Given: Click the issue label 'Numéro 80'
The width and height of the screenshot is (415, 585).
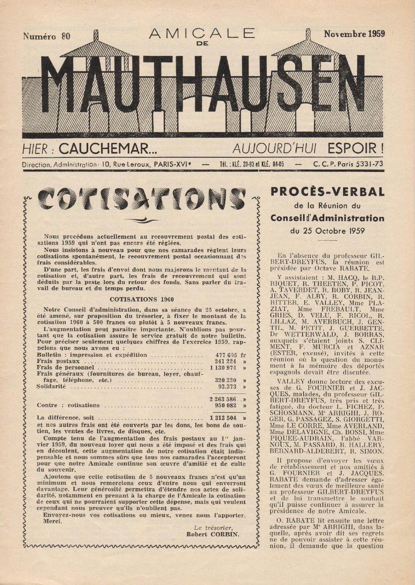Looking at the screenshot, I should [47, 36].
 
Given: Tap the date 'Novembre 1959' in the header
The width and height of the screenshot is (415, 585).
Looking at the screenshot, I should [354, 34].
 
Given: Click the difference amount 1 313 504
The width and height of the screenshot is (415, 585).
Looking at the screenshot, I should [223, 418].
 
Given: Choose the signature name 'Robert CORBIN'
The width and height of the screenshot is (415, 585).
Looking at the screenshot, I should [213, 535].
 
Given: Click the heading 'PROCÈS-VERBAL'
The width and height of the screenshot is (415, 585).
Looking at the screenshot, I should [327, 192].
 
